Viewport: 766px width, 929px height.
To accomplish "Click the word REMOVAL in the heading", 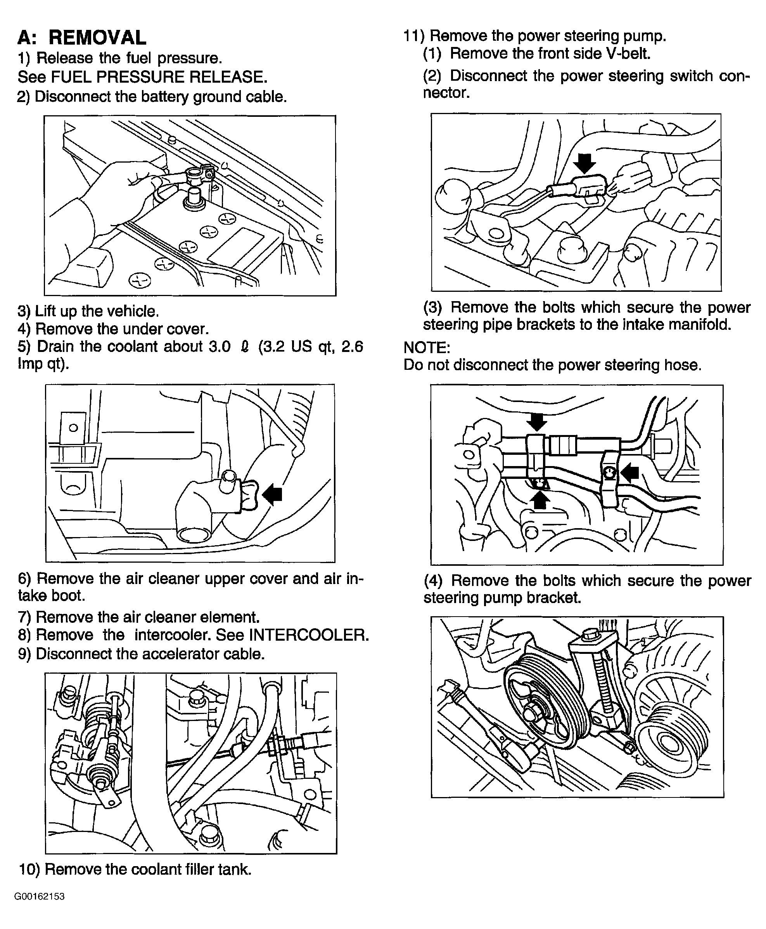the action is (x=97, y=38).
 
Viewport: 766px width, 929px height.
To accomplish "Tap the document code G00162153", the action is (x=40, y=896).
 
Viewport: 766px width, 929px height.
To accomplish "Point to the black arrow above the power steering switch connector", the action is (x=584, y=164).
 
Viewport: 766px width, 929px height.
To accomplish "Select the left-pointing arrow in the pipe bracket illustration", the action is (x=629, y=473).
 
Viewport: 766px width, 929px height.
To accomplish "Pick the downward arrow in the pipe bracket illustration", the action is (x=536, y=422).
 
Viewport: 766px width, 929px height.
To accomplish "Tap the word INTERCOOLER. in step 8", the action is (x=309, y=635).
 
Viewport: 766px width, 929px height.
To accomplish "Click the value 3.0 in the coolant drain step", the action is (x=220, y=347).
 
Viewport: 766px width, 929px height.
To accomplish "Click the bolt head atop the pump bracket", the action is (x=589, y=635).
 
